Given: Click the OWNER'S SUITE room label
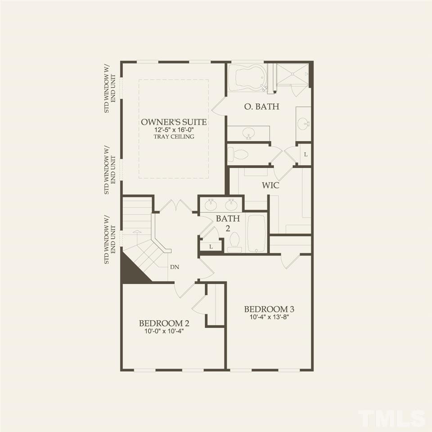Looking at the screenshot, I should pyautogui.click(x=174, y=122).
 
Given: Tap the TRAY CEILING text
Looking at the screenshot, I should pyautogui.click(x=174, y=136).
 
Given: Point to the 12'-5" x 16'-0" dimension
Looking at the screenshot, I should pyautogui.click(x=174, y=130).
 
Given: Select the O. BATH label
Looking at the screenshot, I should pyautogui.click(x=261, y=107).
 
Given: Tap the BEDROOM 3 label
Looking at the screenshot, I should pyautogui.click(x=269, y=309).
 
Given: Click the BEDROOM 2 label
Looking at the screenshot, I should pyautogui.click(x=164, y=323).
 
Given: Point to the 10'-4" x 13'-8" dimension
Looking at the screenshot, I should pyautogui.click(x=269, y=317).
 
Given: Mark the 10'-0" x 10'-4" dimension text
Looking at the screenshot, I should pyautogui.click(x=164, y=331).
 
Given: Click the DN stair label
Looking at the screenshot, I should pyautogui.click(x=175, y=267).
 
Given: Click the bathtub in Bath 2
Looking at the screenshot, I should pyautogui.click(x=256, y=233).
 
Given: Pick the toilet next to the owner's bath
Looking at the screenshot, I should pyautogui.click(x=238, y=155).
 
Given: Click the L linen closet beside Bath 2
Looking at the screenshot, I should pyautogui.click(x=211, y=246).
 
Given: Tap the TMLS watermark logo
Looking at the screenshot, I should pyautogui.click(x=391, y=418).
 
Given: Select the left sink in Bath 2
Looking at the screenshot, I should pyautogui.click(x=211, y=205).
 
